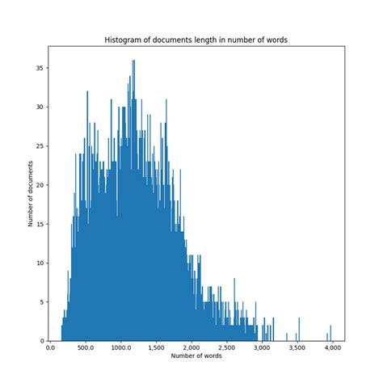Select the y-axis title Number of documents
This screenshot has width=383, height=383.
[31, 194]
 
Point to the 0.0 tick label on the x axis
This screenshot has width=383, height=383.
[50, 347]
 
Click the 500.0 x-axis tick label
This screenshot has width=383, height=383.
[86, 347]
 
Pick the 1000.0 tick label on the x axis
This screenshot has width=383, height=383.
[121, 347]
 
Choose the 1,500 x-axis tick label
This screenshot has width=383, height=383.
[157, 347]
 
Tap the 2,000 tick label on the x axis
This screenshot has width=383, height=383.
[192, 347]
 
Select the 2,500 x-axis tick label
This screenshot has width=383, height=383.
[228, 347]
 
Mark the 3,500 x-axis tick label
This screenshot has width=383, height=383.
[298, 347]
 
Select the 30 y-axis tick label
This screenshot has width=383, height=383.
[40, 107]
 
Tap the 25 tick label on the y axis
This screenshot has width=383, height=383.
[40, 145]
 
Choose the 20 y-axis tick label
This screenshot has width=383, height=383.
[40, 184]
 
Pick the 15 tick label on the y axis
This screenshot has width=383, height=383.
[40, 224]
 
